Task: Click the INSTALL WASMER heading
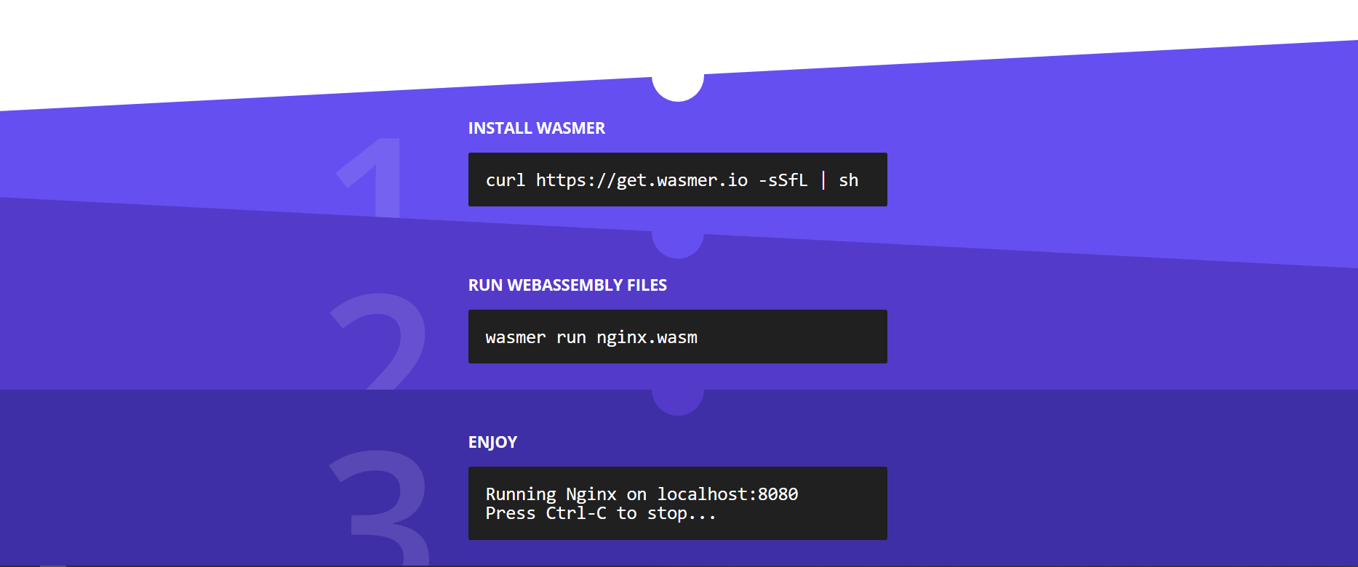tap(536, 128)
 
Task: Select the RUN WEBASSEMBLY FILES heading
tap(567, 285)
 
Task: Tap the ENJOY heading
tap(492, 442)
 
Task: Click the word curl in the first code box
tap(505, 180)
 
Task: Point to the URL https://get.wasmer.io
tap(642, 180)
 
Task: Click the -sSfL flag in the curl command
tap(783, 180)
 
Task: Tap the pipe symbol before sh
tap(823, 180)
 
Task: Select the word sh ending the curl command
tap(848, 180)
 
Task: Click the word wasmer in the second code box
tap(515, 337)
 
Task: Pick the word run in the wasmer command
tap(571, 337)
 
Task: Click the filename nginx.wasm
tap(647, 337)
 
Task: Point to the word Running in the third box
tap(520, 494)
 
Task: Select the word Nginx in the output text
tap(591, 494)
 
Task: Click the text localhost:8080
tap(727, 494)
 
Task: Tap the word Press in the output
tap(510, 513)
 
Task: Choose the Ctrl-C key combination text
tap(575, 513)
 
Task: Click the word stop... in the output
tap(682, 513)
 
